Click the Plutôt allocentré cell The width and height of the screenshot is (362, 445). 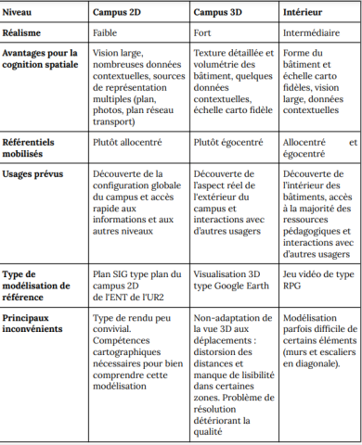(x=129, y=143)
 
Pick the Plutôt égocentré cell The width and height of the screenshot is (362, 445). (x=228, y=143)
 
